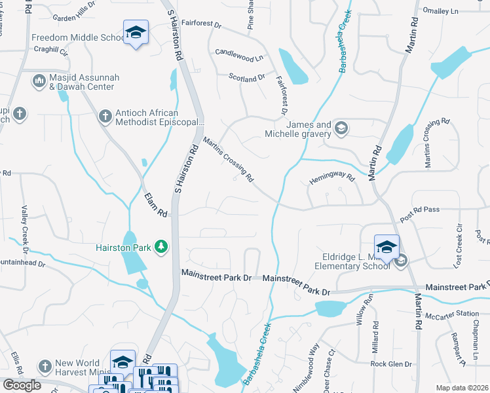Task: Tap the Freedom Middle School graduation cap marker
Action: click(136, 33)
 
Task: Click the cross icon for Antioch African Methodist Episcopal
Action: click(104, 117)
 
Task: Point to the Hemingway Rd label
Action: click(332, 178)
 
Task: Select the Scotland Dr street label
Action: click(246, 77)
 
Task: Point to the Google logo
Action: click(22, 384)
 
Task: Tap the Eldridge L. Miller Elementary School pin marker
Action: click(386, 248)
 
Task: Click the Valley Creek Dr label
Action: click(24, 229)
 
